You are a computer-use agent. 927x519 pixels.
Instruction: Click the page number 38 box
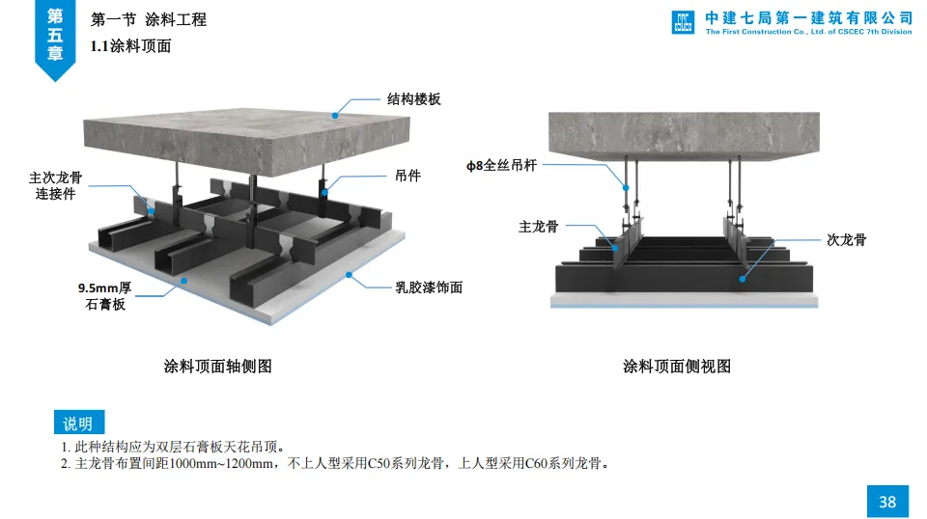[x=886, y=501]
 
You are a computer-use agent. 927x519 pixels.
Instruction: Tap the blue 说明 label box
[x=78, y=423]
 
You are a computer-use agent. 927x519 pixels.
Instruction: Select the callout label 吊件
[x=407, y=177]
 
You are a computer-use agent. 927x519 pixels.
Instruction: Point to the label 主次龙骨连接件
[x=55, y=185]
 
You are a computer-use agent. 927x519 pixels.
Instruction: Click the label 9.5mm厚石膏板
[x=105, y=296]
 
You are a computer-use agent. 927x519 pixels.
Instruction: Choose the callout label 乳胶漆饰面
[x=429, y=287]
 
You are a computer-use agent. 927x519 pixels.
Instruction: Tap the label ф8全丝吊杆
[x=501, y=165]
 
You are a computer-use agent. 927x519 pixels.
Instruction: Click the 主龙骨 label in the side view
[x=538, y=227]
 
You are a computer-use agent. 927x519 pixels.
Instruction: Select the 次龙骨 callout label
[x=847, y=239]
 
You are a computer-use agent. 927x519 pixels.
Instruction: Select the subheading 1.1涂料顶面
[x=130, y=45]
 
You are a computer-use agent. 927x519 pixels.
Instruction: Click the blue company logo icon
[x=684, y=22]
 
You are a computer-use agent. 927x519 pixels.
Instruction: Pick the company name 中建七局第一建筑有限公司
[x=808, y=17]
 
